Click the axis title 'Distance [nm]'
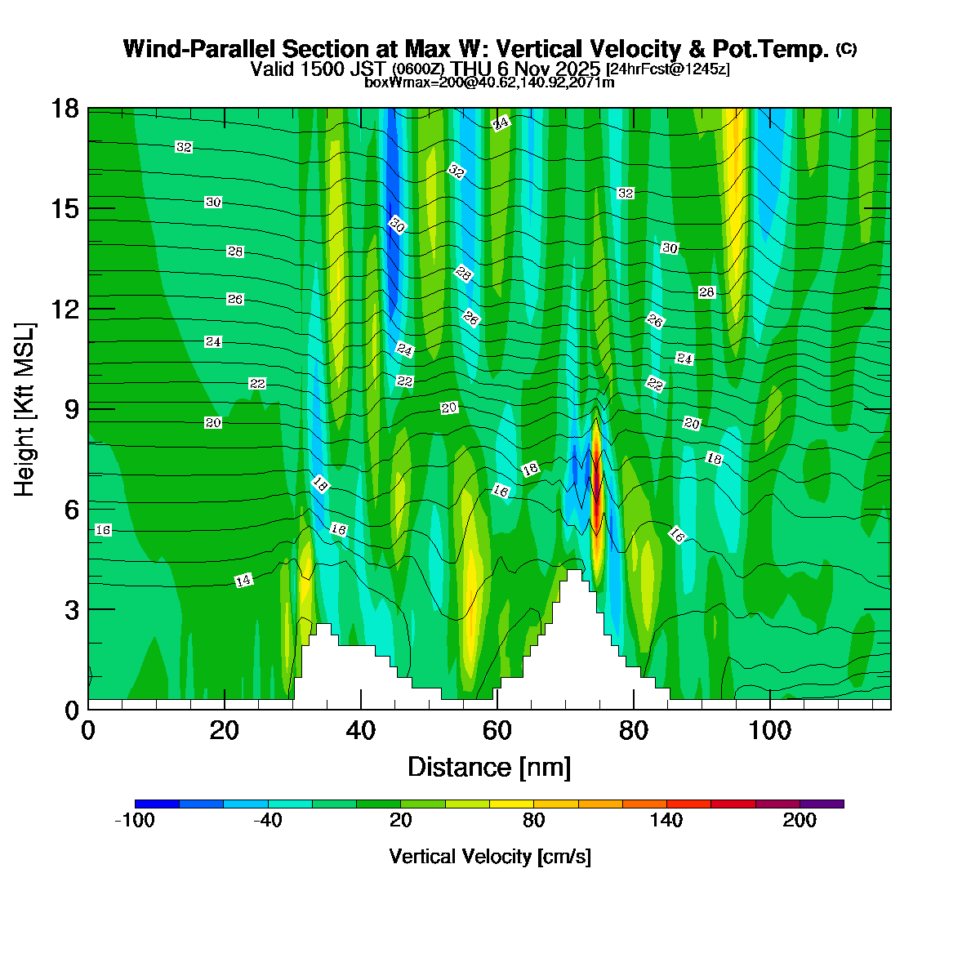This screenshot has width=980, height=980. pyautogui.click(x=488, y=768)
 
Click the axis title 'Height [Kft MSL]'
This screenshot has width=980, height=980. pyautogui.click(x=25, y=409)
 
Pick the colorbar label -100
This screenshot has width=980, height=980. pyautogui.click(x=135, y=821)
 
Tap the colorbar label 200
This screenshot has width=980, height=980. pyautogui.click(x=800, y=821)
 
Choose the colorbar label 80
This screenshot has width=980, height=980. pyautogui.click(x=533, y=821)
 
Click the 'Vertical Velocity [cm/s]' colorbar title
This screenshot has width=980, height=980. pyautogui.click(x=490, y=857)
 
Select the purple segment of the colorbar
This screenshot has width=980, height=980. pyautogui.click(x=822, y=804)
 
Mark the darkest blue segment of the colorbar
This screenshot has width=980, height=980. pyautogui.click(x=157, y=804)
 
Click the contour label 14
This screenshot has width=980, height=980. pyautogui.click(x=243, y=581)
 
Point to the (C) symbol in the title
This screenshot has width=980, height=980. pyautogui.click(x=846, y=49)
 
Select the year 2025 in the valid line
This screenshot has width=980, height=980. pyautogui.click(x=577, y=69)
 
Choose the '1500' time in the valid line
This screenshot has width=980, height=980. pyautogui.click(x=318, y=69)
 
